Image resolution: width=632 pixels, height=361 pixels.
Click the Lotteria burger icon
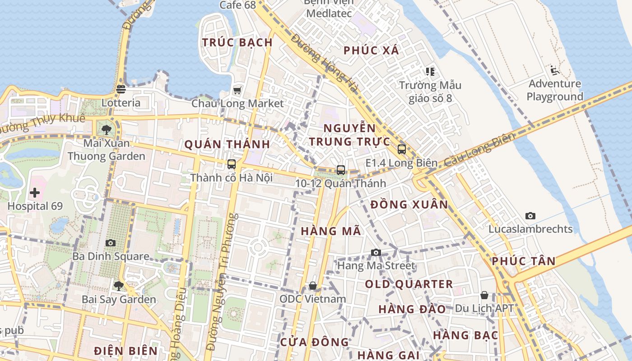(121, 89)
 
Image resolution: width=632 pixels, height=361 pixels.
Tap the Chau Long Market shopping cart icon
(237, 90)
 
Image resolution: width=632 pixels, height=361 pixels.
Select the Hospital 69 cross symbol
(35, 193)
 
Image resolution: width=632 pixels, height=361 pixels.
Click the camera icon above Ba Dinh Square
(111, 243)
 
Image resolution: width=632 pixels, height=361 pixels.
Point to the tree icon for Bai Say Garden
(119, 286)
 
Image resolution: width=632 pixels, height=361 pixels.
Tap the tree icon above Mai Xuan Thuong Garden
(107, 130)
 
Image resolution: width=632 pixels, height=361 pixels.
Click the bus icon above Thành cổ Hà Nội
(232, 164)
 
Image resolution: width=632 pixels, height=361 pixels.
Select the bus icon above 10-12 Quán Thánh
(341, 170)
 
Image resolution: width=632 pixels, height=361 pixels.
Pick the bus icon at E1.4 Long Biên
(402, 149)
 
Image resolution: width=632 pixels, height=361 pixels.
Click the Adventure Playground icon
(555, 70)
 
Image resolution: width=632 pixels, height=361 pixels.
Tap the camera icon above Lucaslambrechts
(530, 216)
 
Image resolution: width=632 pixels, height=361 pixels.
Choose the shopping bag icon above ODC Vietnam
(312, 286)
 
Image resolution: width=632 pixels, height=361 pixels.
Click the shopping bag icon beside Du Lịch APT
(484, 295)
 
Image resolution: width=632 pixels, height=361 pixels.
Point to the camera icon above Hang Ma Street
(376, 252)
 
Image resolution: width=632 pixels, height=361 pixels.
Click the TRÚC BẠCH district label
(237, 42)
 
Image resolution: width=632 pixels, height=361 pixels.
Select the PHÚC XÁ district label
(372, 51)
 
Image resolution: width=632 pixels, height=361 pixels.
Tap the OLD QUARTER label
(409, 284)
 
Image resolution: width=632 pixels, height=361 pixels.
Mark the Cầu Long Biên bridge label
(479, 149)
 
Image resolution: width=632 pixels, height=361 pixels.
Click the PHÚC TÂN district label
(524, 261)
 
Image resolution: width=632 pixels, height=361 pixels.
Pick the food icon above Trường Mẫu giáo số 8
(430, 71)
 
